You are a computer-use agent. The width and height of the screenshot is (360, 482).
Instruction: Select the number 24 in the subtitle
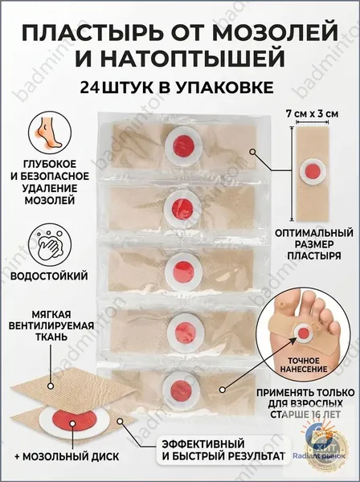[89, 88]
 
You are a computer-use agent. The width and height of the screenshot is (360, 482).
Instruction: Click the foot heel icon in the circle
[50, 134]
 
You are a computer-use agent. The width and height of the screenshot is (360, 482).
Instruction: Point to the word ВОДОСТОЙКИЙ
[50, 276]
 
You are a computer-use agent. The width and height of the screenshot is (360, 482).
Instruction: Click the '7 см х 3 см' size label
[313, 114]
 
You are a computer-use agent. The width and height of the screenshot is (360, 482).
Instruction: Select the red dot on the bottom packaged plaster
[179, 388]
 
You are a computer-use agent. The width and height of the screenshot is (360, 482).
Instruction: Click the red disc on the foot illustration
[304, 333]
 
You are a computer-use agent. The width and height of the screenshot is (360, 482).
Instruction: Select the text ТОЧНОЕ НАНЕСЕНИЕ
[304, 364]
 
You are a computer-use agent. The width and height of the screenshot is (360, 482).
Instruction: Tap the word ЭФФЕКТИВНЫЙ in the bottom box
[203, 444]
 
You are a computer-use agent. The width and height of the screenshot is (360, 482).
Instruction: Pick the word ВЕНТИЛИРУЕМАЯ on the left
[51, 325]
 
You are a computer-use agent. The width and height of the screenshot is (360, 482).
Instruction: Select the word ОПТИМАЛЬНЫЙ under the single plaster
[314, 233]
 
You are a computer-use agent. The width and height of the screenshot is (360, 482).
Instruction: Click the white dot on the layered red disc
[72, 423]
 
